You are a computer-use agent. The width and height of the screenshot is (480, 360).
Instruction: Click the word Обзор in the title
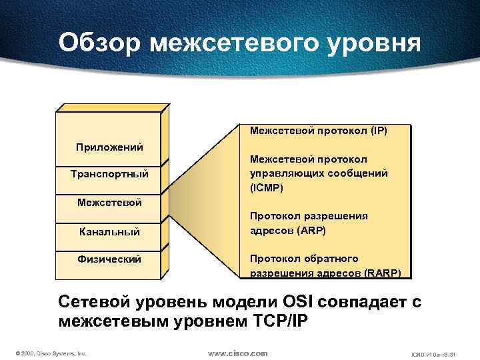pyautogui.click(x=99, y=43)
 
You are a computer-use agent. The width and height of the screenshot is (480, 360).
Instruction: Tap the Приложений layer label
pyautogui.click(x=109, y=147)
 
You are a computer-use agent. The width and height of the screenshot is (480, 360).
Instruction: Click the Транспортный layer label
pyautogui.click(x=109, y=175)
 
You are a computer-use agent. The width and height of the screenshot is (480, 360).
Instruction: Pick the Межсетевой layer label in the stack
pyautogui.click(x=109, y=202)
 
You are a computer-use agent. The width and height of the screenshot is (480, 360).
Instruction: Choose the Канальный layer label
pyautogui.click(x=109, y=231)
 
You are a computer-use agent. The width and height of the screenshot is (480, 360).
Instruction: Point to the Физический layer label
pyautogui.click(x=109, y=259)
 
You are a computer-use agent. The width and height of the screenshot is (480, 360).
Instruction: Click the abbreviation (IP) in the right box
pyautogui.click(x=375, y=131)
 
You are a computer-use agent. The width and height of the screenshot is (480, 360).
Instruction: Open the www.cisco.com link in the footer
pyautogui.click(x=238, y=352)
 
